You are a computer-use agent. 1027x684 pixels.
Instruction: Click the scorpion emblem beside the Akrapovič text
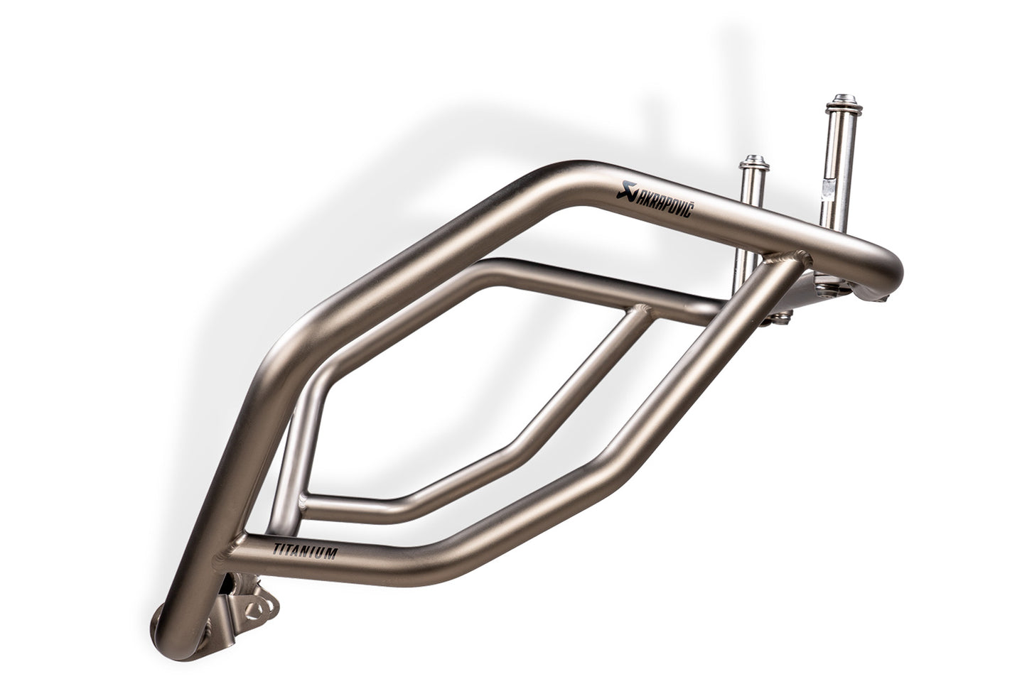(x=625, y=188)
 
